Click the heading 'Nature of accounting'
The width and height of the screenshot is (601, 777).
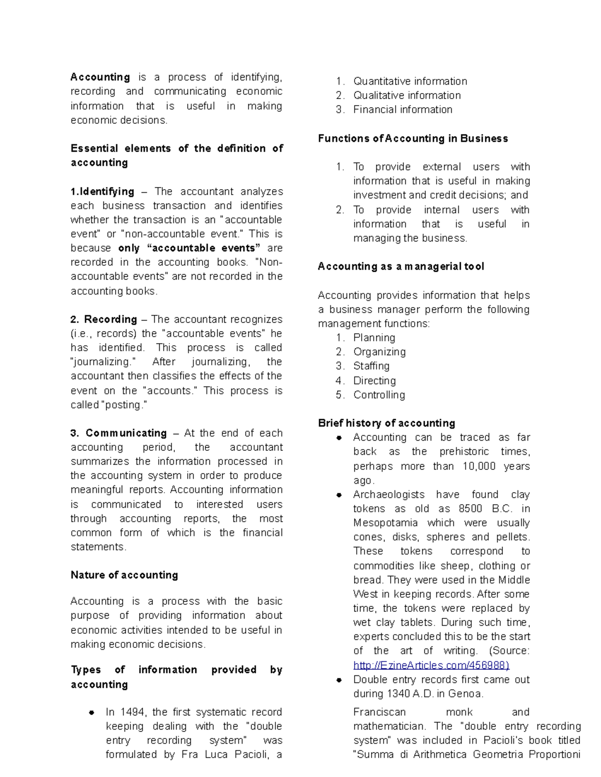click(124, 575)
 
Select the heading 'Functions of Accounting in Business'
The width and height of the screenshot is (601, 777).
click(413, 139)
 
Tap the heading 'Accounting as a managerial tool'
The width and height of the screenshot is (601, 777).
click(401, 266)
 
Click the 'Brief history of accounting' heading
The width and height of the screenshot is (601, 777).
click(386, 423)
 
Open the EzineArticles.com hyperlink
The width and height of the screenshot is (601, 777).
click(431, 665)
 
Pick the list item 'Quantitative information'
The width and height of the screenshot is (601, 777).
click(410, 81)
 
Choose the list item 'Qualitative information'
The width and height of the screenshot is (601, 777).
click(407, 95)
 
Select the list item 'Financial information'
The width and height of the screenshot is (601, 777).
click(403, 109)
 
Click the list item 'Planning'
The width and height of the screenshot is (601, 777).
click(374, 338)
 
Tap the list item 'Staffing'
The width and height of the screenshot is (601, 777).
click(371, 366)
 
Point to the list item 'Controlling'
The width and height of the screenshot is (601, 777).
click(379, 395)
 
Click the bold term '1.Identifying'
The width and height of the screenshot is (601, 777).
click(102, 192)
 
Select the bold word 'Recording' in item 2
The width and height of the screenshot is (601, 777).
click(110, 319)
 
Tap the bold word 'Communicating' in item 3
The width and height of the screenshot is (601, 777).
click(126, 433)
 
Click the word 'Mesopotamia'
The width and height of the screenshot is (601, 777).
click(385, 523)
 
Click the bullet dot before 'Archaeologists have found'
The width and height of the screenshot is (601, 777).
click(339, 495)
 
